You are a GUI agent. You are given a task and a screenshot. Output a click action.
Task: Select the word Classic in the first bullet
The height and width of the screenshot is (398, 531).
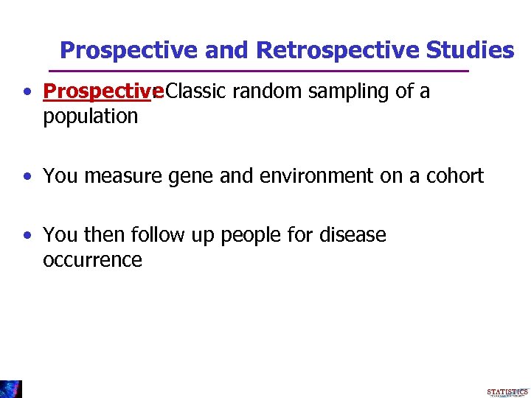coord(197,91)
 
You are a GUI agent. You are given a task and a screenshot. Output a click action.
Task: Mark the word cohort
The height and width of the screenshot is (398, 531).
coord(455,176)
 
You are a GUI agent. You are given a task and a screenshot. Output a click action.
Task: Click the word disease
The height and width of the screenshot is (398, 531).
coord(353,235)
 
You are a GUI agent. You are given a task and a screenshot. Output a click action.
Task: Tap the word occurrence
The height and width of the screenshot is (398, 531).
coord(93,260)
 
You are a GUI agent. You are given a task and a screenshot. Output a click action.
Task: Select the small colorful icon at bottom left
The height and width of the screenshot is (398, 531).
coord(11,388)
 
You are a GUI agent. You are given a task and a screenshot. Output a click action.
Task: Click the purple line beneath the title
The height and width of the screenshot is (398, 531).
coord(258,71)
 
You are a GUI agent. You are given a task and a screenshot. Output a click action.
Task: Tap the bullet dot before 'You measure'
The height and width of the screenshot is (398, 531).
coord(27,177)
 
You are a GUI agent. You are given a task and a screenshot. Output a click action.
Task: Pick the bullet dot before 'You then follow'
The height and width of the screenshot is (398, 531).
coord(27,236)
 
